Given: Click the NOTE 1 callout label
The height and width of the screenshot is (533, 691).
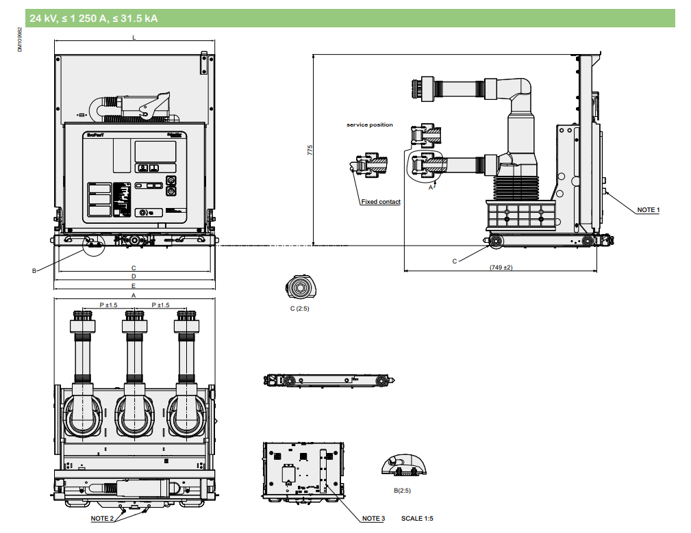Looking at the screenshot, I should (647, 210).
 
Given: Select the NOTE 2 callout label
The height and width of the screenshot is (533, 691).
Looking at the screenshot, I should (103, 519).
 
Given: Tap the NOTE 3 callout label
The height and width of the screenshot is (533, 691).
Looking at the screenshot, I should (373, 519).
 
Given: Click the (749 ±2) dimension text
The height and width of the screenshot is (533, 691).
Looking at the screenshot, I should (501, 267).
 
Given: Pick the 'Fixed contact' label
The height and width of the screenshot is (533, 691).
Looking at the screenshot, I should (381, 202).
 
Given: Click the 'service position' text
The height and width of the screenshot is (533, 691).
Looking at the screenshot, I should (370, 125).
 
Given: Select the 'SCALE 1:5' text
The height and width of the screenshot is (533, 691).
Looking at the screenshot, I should (417, 519).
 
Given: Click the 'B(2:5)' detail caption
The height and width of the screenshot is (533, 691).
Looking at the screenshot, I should (402, 490).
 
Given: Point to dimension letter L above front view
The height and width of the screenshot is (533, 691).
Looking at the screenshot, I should (134, 38).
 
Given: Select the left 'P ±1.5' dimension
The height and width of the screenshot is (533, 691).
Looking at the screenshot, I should (108, 305).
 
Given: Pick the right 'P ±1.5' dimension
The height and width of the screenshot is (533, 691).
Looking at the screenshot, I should (160, 305).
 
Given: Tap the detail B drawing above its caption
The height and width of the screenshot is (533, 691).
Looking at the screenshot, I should (403, 465).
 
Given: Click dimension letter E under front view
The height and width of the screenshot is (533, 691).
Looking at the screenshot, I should (134, 285).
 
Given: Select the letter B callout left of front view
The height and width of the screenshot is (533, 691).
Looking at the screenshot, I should (34, 271).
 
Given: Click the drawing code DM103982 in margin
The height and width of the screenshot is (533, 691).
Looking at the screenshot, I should (20, 39).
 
